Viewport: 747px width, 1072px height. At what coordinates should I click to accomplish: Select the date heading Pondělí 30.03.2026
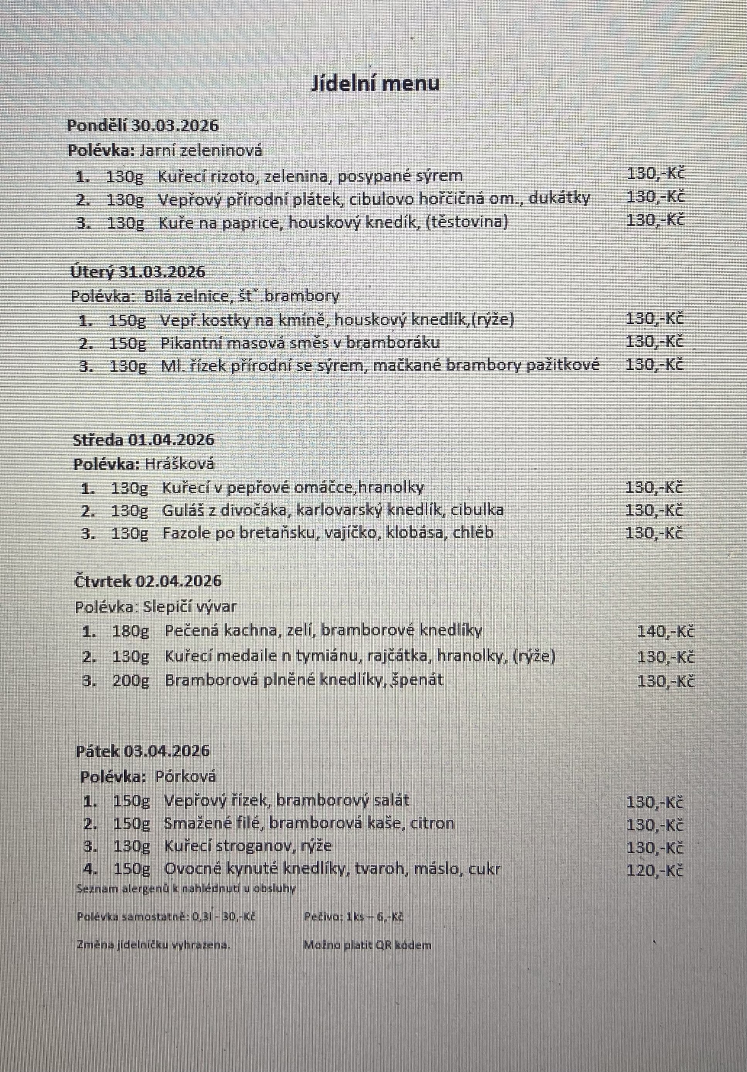143,126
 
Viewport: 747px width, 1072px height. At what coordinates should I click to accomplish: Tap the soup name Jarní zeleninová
201,150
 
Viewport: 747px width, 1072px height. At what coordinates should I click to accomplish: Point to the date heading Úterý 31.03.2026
138,271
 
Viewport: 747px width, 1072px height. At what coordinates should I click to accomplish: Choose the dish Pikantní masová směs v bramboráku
300,343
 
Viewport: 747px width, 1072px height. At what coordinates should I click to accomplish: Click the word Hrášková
179,464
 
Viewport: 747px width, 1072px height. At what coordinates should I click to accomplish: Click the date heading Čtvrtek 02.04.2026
148,581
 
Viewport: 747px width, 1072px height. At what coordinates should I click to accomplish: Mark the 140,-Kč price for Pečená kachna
665,632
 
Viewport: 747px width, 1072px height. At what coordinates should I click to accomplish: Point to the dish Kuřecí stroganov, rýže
247,846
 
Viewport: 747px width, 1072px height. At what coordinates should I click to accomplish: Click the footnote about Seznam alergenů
186,889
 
